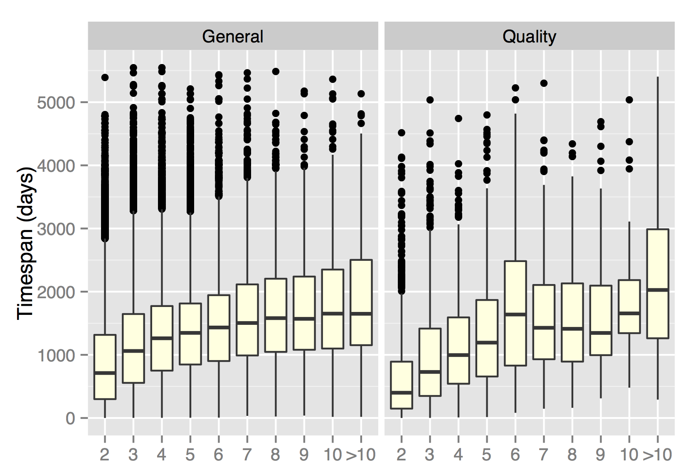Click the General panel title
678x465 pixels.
232,37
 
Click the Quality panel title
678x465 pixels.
529,37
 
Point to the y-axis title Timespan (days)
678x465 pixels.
25,243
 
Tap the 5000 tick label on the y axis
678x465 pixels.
56,102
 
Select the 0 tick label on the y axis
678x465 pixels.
70,418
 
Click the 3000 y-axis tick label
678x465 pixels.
56,229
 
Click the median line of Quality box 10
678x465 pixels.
629,313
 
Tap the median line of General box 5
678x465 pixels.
190,333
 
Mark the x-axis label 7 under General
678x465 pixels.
247,454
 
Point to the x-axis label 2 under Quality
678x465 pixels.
401,454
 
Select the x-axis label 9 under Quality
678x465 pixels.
600,454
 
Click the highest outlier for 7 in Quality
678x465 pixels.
544,83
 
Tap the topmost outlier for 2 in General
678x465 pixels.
105,77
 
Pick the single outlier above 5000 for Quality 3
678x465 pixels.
430,100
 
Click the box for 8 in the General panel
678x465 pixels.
276,315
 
